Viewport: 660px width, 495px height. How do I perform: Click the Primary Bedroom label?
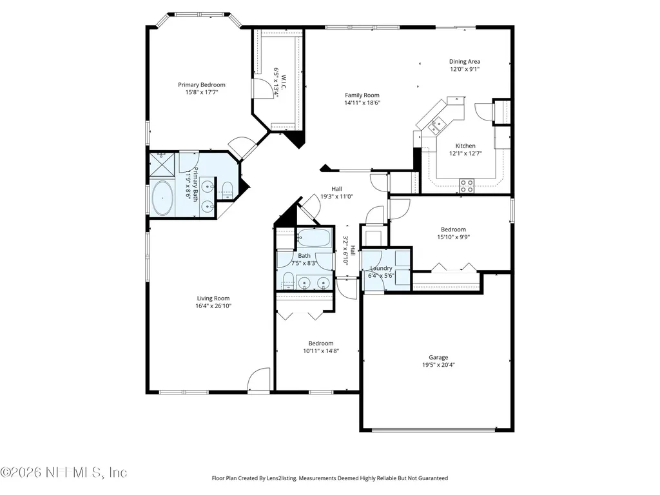[x=201, y=84]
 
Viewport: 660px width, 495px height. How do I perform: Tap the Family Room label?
[x=362, y=95]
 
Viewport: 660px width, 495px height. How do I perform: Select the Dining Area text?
[x=464, y=61]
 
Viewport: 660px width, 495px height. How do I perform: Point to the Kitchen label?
[x=465, y=146]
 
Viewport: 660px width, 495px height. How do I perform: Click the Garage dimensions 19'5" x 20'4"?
[x=438, y=365]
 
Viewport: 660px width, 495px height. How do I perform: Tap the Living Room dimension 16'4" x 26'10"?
[x=213, y=306]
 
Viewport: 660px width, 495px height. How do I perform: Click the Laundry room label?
[x=381, y=268]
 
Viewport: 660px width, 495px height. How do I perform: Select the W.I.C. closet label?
[x=284, y=82]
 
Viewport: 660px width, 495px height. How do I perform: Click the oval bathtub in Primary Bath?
[x=162, y=198]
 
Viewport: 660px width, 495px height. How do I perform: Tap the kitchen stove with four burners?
[x=467, y=186]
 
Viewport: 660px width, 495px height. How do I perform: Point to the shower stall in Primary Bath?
[x=162, y=164]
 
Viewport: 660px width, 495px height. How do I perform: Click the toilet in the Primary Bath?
[x=227, y=190]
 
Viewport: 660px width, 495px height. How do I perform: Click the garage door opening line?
[x=434, y=430]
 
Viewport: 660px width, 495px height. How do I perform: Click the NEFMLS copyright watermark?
[x=63, y=472]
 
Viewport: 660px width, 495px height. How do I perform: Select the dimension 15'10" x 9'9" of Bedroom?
[x=453, y=237]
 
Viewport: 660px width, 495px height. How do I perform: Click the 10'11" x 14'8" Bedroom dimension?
[x=321, y=351]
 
